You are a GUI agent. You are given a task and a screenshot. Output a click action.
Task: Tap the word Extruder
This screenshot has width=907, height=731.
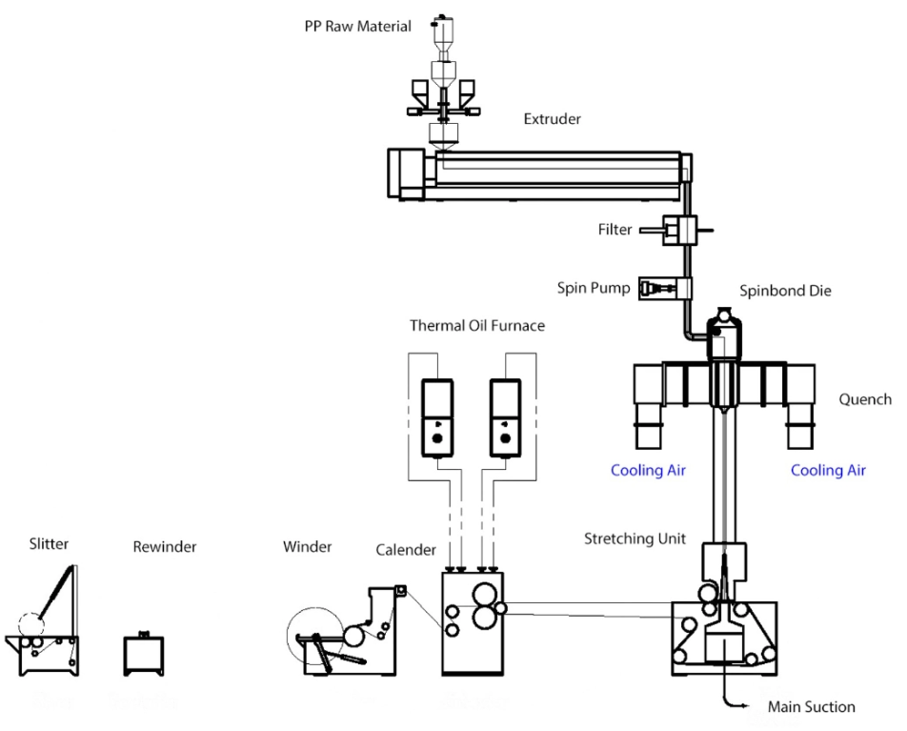point(552,120)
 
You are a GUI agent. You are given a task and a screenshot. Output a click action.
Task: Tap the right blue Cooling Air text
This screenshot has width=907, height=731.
point(828,471)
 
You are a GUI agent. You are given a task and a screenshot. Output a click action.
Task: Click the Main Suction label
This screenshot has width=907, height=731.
point(811,707)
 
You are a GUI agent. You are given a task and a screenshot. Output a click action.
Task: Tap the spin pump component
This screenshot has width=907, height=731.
point(667,286)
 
